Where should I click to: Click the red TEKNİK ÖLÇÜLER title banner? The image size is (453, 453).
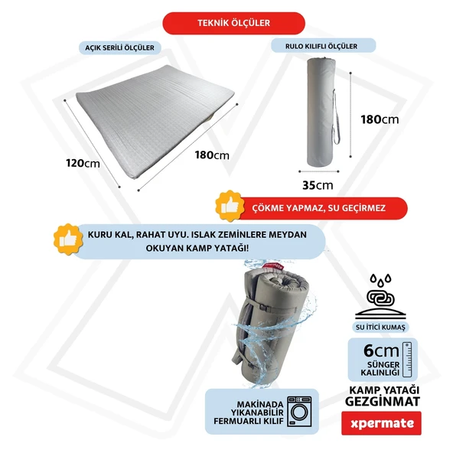pos(233,23)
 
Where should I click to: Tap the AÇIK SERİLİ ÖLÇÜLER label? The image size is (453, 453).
pos(119,47)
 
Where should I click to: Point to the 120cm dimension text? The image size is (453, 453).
pos(83,163)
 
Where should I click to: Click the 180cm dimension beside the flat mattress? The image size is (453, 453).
pos(212,155)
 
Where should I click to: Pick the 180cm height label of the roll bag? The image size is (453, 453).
pos(380,119)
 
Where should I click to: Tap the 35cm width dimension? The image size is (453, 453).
pos(318,185)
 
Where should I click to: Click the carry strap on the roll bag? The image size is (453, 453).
pos(336,117)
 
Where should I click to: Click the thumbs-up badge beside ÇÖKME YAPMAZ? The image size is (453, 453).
pos(230,206)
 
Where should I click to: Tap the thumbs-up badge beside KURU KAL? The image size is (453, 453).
pos(68,240)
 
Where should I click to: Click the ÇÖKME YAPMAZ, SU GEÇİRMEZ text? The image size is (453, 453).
pos(318,208)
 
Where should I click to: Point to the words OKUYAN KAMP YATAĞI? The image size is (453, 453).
pos(197,248)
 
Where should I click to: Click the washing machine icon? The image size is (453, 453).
pos(299,412)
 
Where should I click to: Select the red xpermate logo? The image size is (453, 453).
pos(381,423)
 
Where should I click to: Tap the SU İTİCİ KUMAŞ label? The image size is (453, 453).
pos(380,328)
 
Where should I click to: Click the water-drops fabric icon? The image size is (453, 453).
pos(380,296)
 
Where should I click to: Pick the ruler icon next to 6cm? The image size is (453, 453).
pos(407,360)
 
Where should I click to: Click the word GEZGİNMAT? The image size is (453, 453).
pos(383,402)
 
